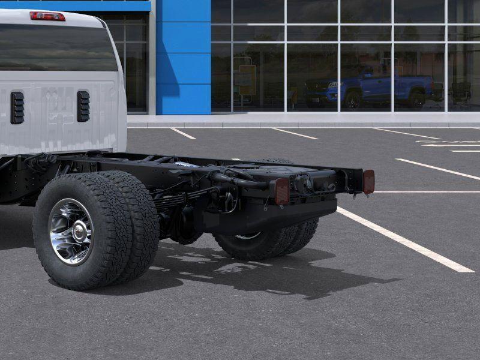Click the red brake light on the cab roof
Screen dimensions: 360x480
tap(47, 16)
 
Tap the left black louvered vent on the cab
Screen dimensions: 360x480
tap(17, 107)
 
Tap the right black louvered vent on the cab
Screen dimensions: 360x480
tap(83, 106)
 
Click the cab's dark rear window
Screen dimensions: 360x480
tap(57, 48)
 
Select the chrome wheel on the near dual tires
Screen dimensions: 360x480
tap(71, 231)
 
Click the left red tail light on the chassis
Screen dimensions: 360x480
tap(281, 191)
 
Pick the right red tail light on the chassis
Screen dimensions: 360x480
tap(368, 181)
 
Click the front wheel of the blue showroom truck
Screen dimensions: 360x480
tap(352, 100)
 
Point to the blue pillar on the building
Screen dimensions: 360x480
tap(183, 57)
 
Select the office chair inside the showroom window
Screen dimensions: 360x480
tap(461, 93)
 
